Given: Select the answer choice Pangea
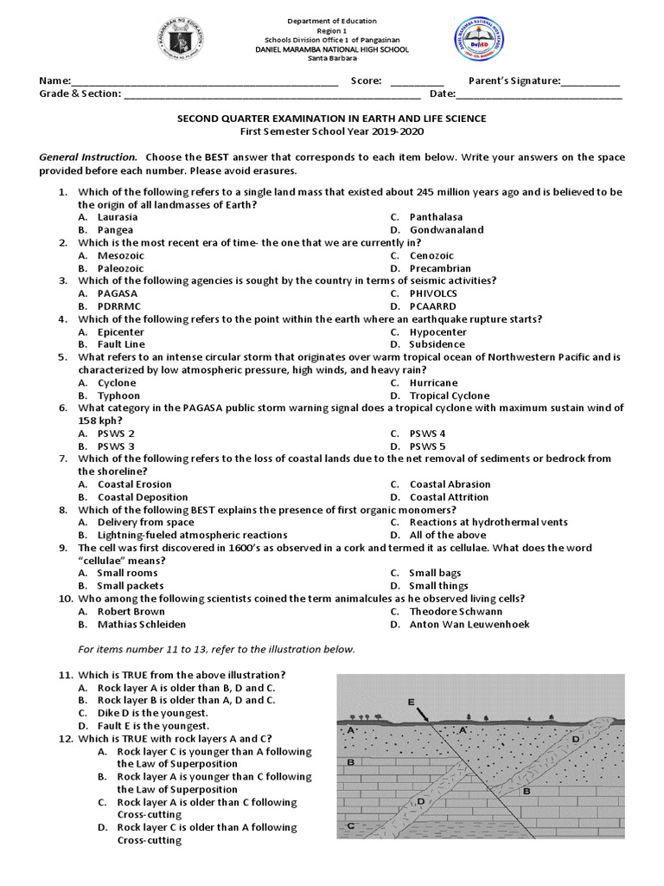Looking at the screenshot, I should coord(115,230).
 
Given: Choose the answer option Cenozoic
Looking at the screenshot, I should coord(433,255).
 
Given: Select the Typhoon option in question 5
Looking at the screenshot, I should coord(118,395).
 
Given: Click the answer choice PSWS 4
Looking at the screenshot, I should coord(427,433).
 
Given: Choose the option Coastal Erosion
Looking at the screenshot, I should coord(134,485).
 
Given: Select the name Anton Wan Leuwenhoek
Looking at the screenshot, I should coord(469,624).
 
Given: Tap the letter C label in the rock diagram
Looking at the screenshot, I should coord(349,826).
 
